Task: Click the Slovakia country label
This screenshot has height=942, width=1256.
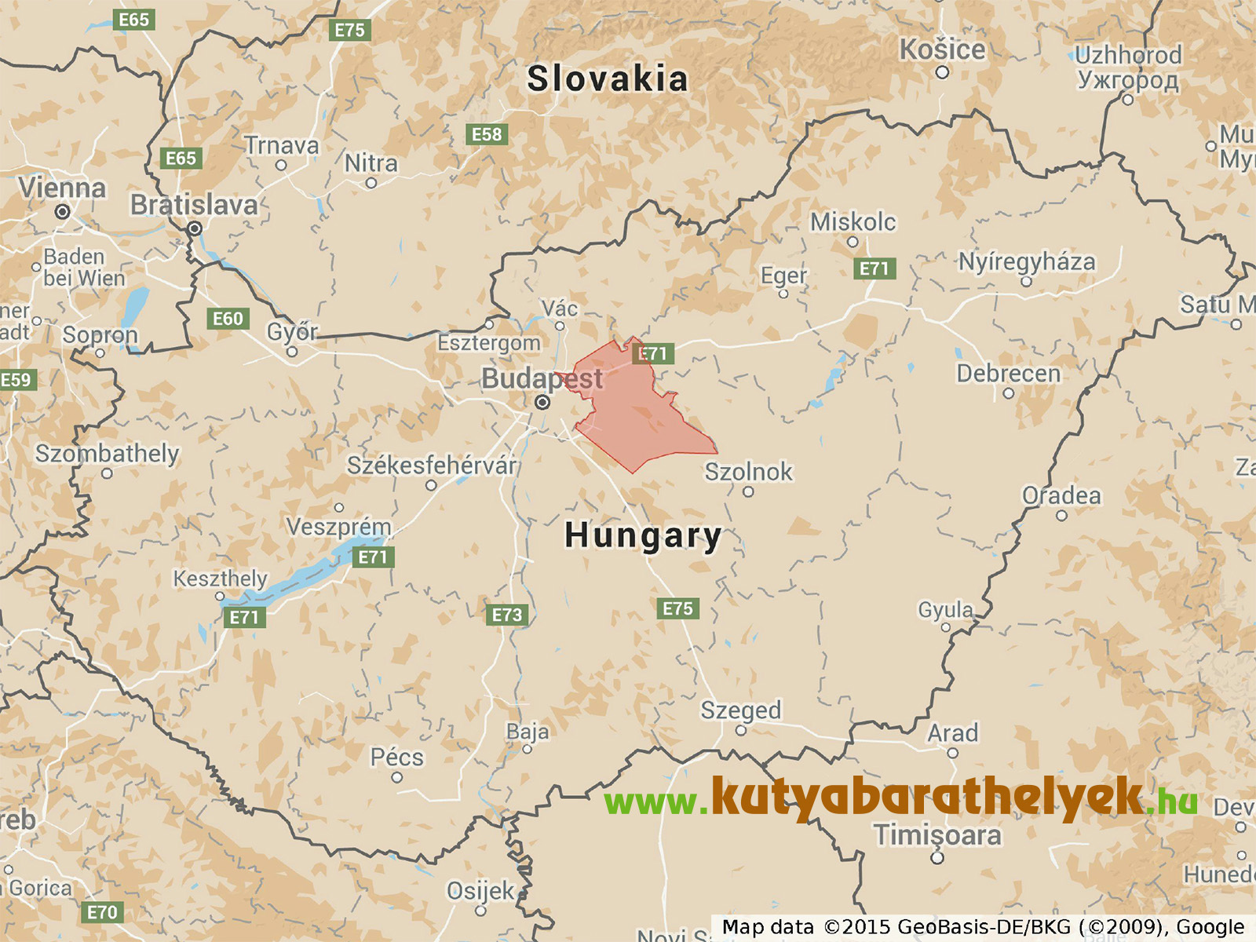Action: tap(607, 79)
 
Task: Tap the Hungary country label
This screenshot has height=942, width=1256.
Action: tap(643, 535)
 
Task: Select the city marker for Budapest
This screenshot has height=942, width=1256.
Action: tap(542, 403)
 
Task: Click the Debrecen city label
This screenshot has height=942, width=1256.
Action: tap(1008, 374)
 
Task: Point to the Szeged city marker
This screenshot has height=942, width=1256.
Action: tap(740, 731)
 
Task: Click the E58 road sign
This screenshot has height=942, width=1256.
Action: tap(487, 134)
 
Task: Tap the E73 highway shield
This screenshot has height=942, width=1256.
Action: tap(506, 615)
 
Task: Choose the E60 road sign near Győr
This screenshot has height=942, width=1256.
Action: tap(228, 319)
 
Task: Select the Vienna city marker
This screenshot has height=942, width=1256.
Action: tap(62, 211)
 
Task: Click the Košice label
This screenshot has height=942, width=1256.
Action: tap(942, 49)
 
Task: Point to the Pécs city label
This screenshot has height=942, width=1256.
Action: tap(396, 758)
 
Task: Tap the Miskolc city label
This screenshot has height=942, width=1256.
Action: tap(853, 222)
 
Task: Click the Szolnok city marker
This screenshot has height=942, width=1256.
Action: tap(748, 492)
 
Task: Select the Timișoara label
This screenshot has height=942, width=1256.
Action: tap(937, 835)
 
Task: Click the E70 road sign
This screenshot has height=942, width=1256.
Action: tap(102, 912)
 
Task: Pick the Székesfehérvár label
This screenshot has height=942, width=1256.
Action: tap(432, 466)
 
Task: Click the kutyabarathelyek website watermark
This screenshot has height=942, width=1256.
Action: tap(901, 799)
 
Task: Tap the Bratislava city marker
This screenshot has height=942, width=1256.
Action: tap(195, 228)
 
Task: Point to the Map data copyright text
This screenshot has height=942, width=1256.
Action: tap(983, 927)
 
